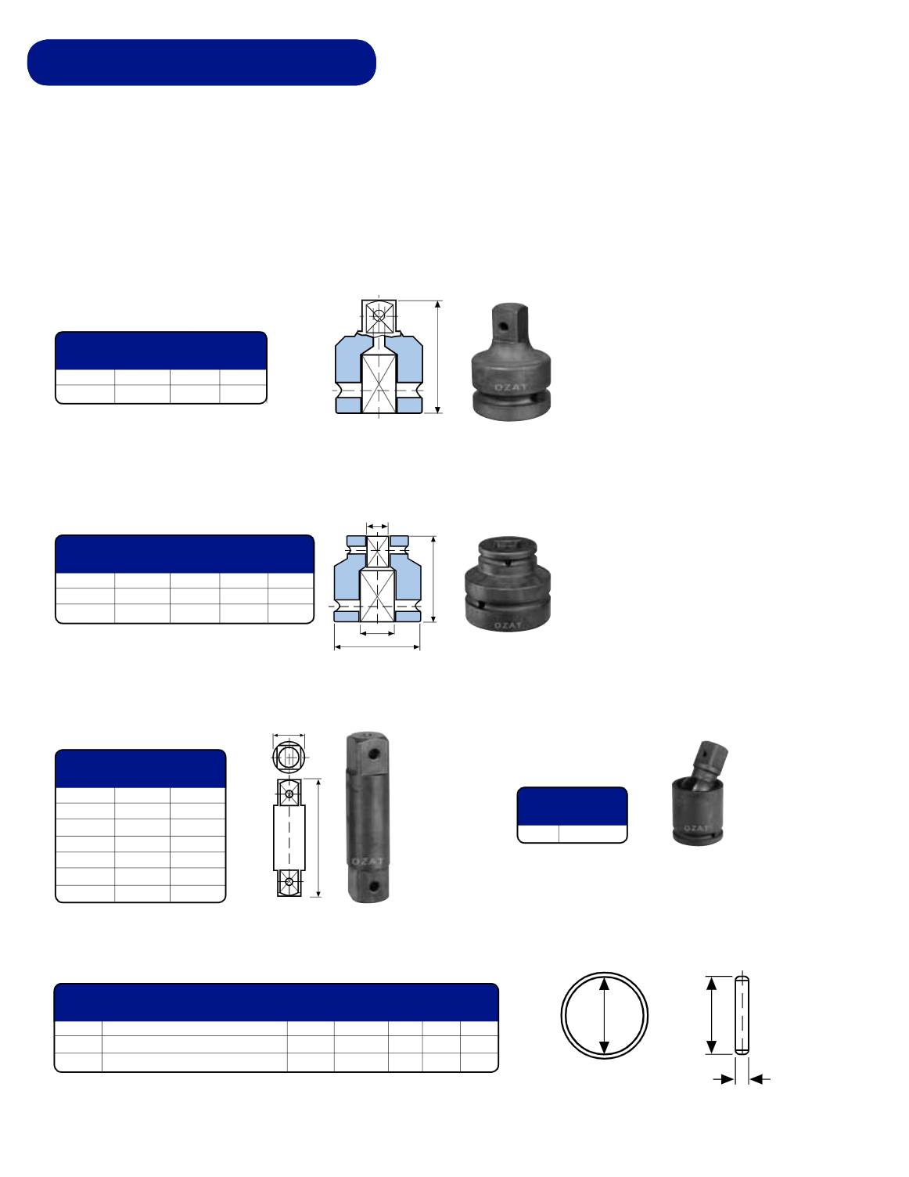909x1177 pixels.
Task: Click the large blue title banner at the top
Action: [201, 63]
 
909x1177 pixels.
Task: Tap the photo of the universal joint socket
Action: [699, 793]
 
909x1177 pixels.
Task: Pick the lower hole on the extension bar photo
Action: [373, 886]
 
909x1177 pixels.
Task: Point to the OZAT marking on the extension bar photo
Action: [368, 861]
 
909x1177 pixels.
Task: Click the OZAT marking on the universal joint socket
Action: [696, 828]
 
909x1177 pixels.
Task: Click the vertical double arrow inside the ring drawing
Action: [605, 1015]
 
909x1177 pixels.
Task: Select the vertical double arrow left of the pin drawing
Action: [712, 1015]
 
